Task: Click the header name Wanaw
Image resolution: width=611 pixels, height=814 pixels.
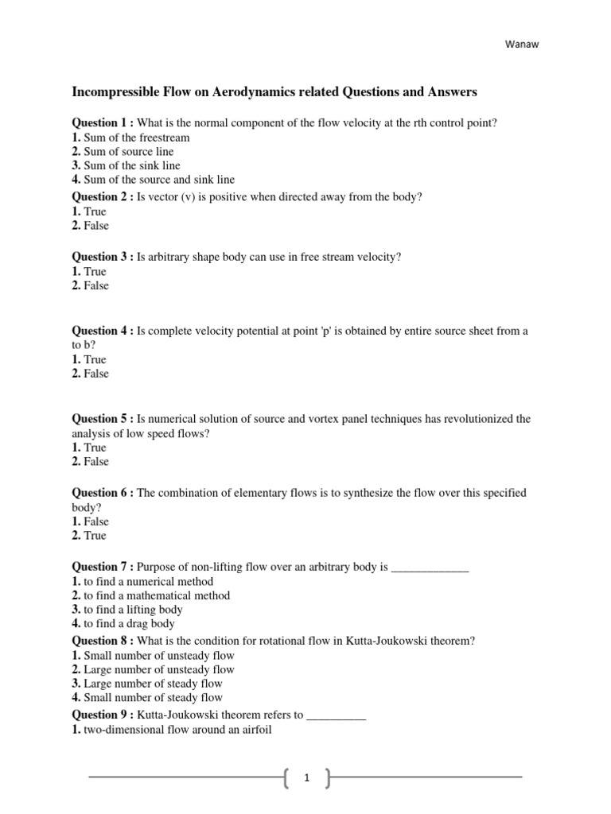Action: (521, 45)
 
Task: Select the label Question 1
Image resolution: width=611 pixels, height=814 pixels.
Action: (101, 122)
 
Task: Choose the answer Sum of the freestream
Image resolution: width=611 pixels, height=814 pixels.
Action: (136, 138)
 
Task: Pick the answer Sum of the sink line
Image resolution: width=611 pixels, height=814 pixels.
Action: (131, 165)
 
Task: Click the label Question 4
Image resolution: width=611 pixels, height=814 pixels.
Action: (101, 331)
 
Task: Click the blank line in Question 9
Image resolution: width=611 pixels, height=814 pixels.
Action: (336, 715)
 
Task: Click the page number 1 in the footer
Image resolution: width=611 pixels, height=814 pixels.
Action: (306, 780)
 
